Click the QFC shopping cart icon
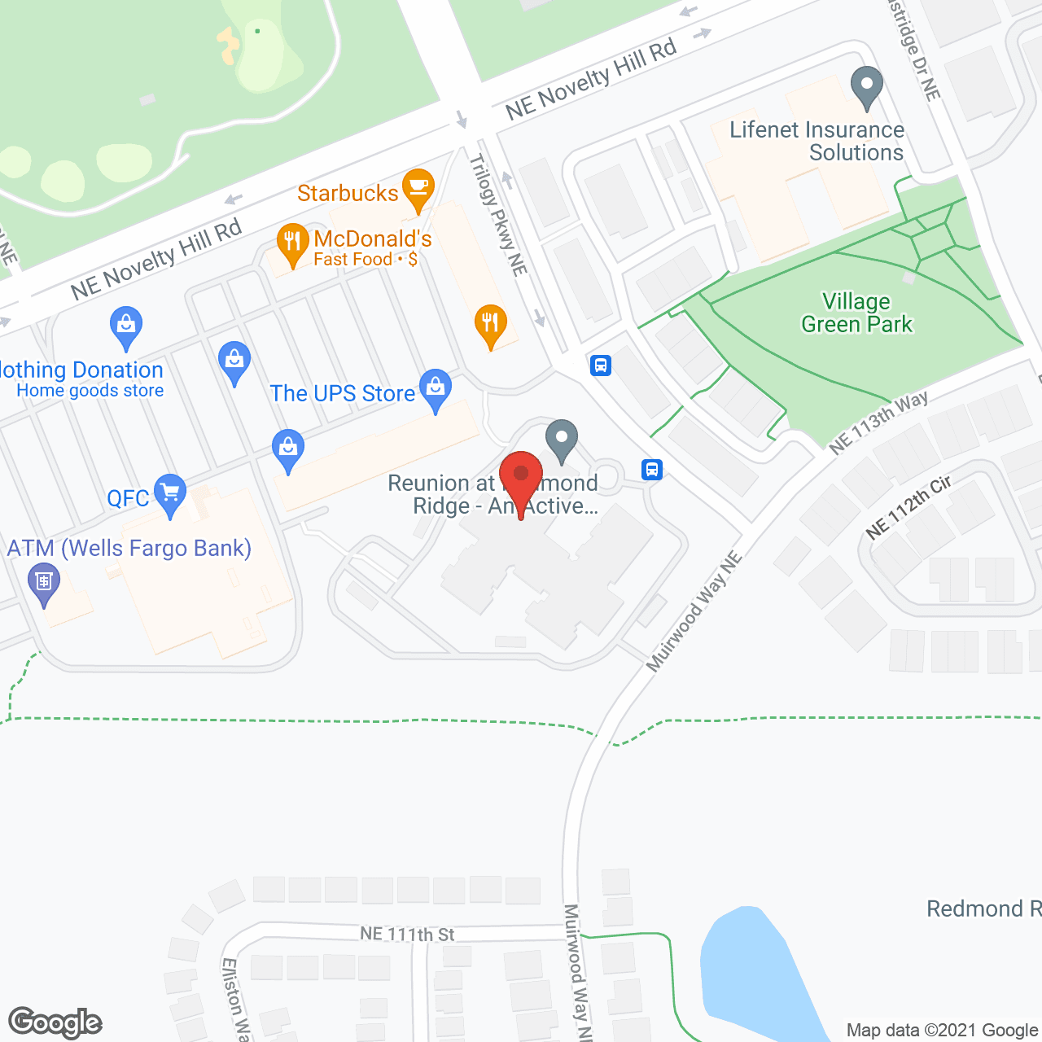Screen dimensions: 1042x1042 pyautogui.click(x=170, y=493)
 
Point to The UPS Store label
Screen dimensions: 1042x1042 pyautogui.click(x=343, y=393)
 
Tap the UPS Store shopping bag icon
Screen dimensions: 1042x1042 pyautogui.click(x=436, y=388)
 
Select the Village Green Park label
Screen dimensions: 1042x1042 pyautogui.click(x=856, y=313)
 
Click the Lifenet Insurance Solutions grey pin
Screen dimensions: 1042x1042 pyautogui.click(x=867, y=85)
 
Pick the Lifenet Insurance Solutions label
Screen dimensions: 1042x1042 pyautogui.click(x=817, y=141)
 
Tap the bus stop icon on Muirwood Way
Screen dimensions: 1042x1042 pyautogui.click(x=652, y=470)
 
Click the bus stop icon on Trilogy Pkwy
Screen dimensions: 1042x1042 pyautogui.click(x=601, y=365)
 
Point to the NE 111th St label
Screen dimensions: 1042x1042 pyautogui.click(x=407, y=934)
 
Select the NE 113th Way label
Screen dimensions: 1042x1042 pyautogui.click(x=878, y=422)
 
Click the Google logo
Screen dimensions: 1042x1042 pyautogui.click(x=55, y=1022)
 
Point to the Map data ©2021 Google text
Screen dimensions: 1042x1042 pyautogui.click(x=943, y=1031)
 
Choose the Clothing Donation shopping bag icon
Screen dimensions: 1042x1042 pyautogui.click(x=126, y=327)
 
